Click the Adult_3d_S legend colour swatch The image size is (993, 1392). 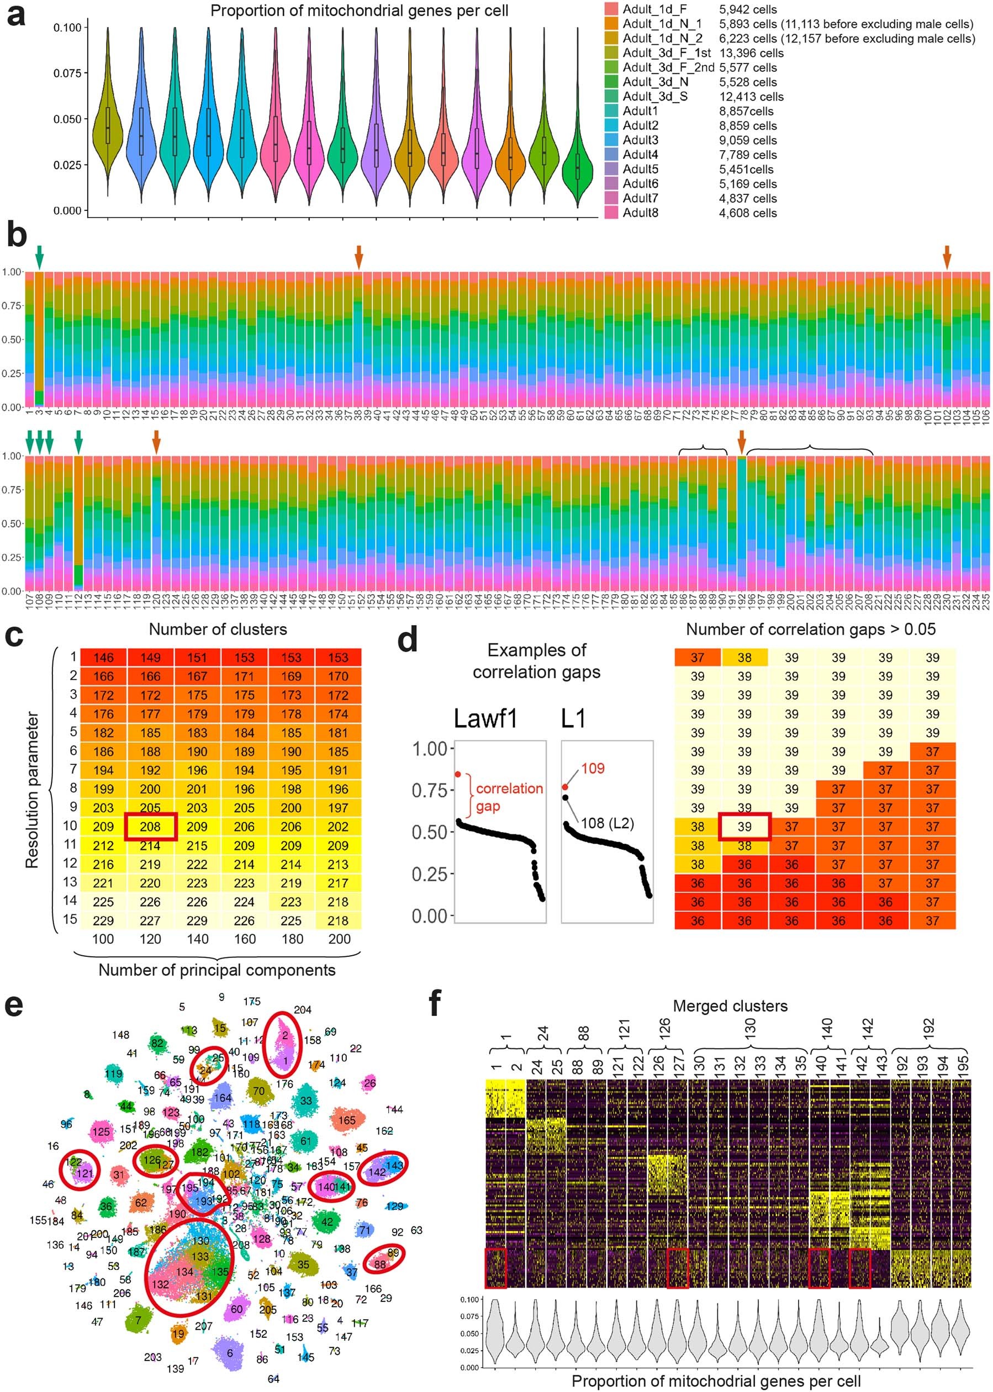tap(611, 97)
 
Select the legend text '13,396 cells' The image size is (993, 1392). tap(751, 53)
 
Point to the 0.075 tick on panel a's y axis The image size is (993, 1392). tap(67, 73)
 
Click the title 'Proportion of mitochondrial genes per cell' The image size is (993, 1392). tap(359, 10)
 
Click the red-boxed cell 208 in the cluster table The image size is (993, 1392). tap(150, 827)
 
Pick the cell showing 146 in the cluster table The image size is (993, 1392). tap(103, 658)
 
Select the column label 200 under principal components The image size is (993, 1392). tap(339, 939)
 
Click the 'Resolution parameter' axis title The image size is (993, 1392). tap(32, 789)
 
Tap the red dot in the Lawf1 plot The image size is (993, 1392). tap(457, 775)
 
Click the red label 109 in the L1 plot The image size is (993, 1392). tap(593, 769)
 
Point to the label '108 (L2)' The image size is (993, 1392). tap(606, 823)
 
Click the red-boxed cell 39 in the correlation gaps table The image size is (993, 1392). tap(744, 827)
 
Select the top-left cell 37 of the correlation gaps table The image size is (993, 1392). tap(697, 658)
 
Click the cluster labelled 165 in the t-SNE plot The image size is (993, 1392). tap(347, 1120)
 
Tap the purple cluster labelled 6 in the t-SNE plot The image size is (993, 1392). tap(230, 1353)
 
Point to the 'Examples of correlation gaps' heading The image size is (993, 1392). tap(536, 661)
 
